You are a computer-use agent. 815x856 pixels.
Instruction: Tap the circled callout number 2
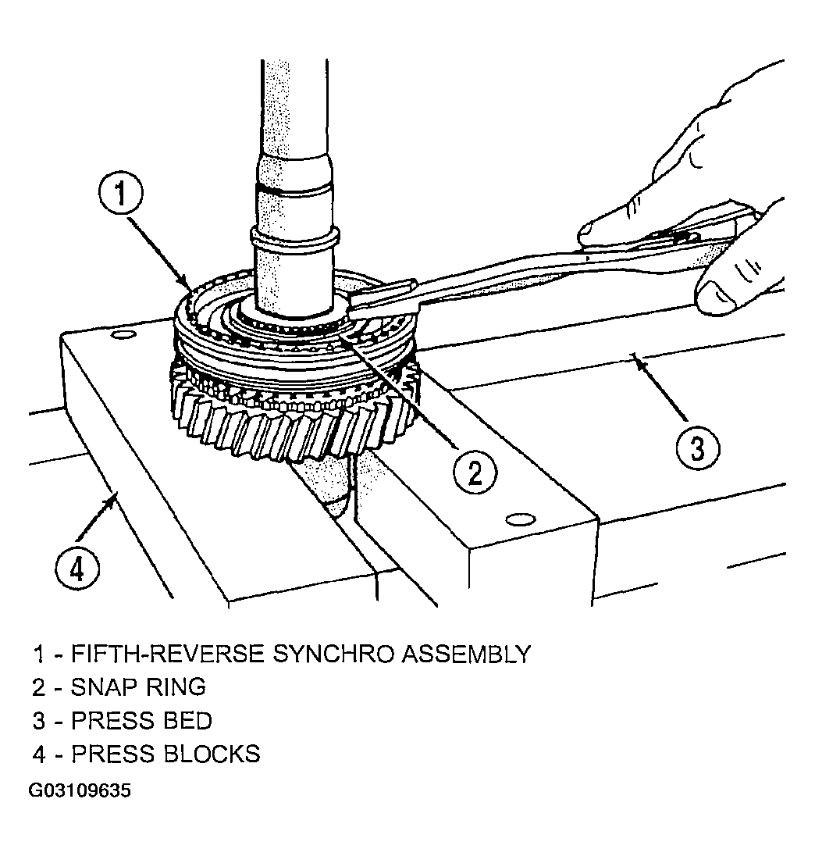475,472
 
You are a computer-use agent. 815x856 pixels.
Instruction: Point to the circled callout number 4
77,570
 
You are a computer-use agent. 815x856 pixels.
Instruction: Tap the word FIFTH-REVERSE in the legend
168,654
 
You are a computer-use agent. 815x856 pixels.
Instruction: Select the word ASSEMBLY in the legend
466,654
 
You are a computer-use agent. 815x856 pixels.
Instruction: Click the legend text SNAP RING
138,687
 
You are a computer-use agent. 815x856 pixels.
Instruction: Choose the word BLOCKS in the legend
212,754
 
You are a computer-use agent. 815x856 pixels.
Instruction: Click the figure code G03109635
80,791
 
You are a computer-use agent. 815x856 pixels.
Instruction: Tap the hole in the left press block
124,333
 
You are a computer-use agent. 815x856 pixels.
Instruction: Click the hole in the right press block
521,519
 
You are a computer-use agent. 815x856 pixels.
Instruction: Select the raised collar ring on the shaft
294,236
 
